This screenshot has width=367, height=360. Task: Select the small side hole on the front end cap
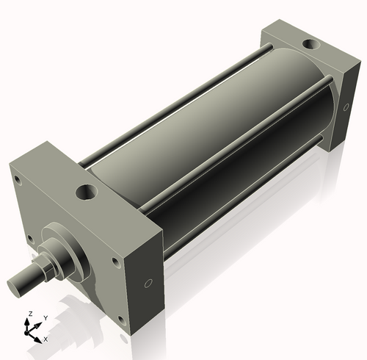148,283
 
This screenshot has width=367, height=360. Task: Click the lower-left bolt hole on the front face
29,239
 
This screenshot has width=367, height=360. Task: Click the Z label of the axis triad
29,314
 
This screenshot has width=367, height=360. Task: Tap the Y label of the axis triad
45,317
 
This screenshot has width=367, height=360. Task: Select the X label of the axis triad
46,339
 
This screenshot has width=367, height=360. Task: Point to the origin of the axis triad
32,331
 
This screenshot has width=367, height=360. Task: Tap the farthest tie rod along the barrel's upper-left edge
169,110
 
